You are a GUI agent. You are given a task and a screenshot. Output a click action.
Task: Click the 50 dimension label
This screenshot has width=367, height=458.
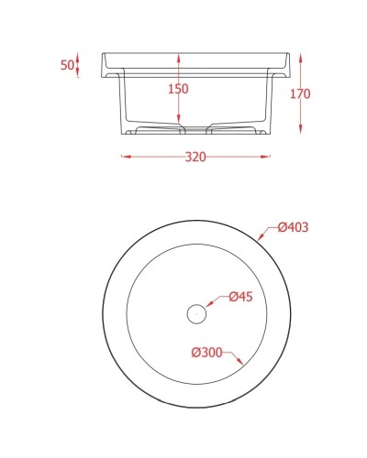[66, 66]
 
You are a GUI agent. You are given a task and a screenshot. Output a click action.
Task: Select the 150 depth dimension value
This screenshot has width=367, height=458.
[178, 89]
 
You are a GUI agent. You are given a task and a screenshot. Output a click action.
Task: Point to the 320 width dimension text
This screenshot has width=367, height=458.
[195, 157]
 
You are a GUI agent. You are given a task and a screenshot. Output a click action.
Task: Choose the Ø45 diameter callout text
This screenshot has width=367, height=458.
[240, 296]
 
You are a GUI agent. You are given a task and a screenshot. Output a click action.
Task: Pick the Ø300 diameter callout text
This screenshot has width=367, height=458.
[207, 352]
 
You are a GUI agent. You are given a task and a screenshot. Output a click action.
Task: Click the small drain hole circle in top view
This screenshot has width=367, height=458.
[195, 313]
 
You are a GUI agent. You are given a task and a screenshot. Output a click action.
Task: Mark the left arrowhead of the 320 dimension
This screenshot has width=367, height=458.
[125, 157]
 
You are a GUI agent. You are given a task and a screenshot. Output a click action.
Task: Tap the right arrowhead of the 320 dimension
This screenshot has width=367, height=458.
[269, 157]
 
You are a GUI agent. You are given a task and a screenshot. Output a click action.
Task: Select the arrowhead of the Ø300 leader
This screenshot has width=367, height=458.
[240, 364]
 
